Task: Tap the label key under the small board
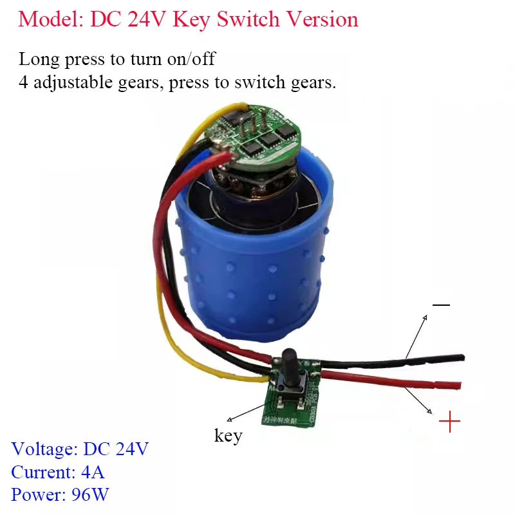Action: click(228, 436)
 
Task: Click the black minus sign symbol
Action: click(442, 304)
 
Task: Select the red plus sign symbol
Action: click(449, 423)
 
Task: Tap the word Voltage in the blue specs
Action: click(40, 449)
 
